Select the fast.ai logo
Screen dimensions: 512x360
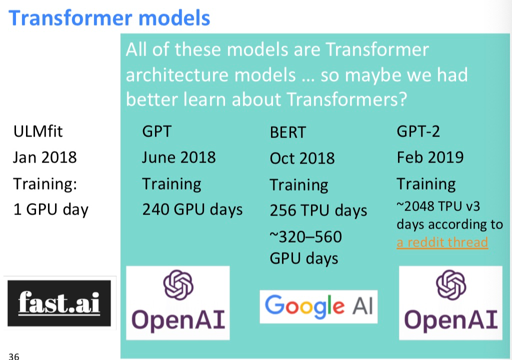59,303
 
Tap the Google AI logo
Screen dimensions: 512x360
318,306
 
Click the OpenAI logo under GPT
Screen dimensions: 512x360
178,303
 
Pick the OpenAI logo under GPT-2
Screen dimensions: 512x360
450,303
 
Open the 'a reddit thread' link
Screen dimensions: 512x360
442,242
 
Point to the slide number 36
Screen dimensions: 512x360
13,356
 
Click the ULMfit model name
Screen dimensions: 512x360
38,131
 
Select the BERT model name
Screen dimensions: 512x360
287,132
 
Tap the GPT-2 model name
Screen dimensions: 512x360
418,131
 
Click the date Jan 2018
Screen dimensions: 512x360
44,157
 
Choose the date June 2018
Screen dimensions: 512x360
178,157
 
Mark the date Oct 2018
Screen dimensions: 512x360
302,158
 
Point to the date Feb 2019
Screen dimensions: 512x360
430,157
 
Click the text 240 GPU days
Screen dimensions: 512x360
192,209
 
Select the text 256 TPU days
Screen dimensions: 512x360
318,210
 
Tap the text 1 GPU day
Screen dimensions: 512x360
50,209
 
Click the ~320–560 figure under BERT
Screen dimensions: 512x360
305,236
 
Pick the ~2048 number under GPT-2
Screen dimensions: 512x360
415,206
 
